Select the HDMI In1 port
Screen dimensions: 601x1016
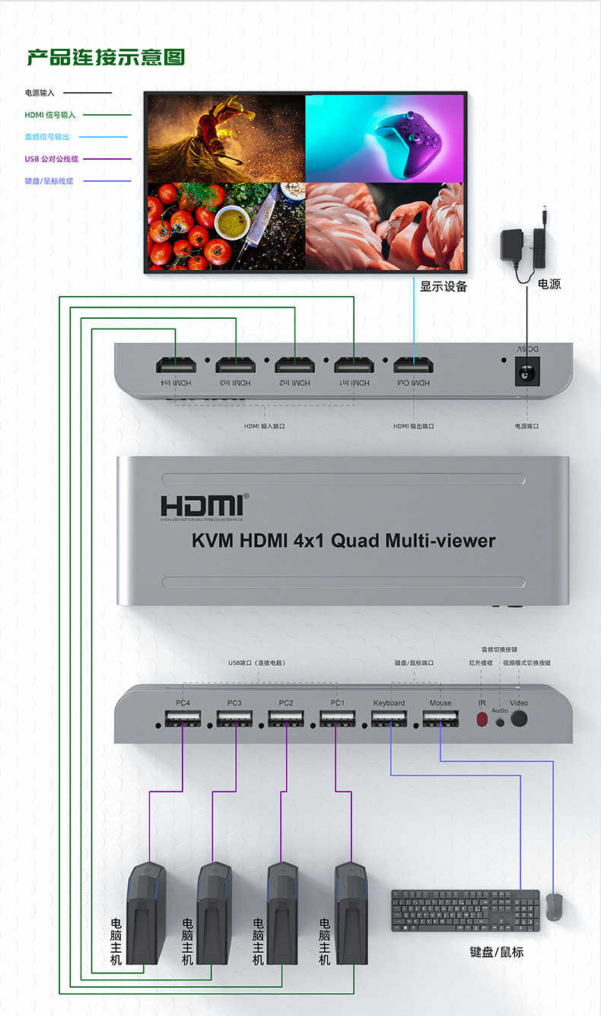click(354, 365)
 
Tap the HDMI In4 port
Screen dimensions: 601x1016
click(176, 365)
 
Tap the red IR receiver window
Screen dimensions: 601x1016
click(482, 719)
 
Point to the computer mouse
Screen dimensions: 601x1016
click(555, 907)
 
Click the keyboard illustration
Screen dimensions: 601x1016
click(465, 910)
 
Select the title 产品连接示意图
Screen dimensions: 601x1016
click(106, 57)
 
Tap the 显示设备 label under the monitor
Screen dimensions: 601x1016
click(444, 286)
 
